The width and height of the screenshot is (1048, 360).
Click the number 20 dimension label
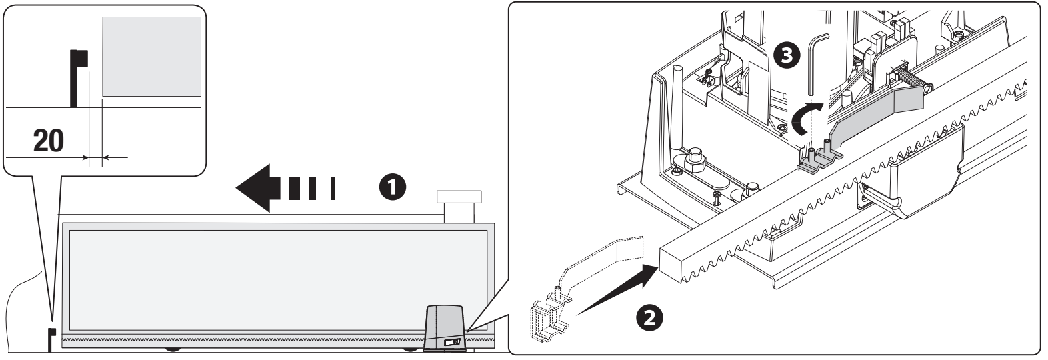pos(49,141)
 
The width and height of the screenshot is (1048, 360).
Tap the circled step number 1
pos(393,187)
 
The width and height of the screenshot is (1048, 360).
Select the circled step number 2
pos(649,319)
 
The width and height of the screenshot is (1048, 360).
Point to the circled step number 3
pos(787,55)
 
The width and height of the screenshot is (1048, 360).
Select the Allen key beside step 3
pos(817,65)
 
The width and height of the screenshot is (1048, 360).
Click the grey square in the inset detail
pos(151,57)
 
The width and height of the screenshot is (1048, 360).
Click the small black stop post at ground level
pos(51,339)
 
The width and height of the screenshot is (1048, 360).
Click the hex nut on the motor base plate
pos(695,160)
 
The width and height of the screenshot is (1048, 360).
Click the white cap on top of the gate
pos(459,206)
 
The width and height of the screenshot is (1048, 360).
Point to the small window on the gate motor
pos(453,343)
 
